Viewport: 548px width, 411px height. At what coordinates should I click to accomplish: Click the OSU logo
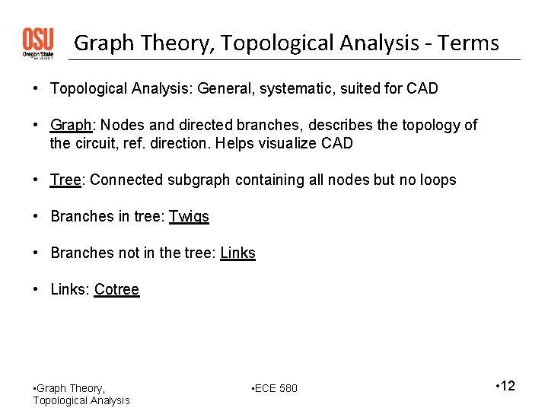pyautogui.click(x=37, y=43)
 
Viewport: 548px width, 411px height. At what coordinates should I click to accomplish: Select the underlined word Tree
pyautogui.click(x=65, y=180)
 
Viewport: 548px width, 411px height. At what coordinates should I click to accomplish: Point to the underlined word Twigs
pyautogui.click(x=189, y=216)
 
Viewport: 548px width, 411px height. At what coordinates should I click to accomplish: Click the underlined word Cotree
pyautogui.click(x=116, y=289)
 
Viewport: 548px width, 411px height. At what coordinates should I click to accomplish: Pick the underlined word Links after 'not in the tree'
pyautogui.click(x=237, y=253)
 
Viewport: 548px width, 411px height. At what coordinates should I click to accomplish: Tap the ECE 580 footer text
pyautogui.click(x=276, y=389)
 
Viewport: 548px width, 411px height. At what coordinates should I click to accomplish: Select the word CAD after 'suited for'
pyautogui.click(x=422, y=88)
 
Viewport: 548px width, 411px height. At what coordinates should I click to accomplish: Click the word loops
pyautogui.click(x=436, y=180)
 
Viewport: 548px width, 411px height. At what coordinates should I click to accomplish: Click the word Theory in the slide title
pyautogui.click(x=174, y=43)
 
